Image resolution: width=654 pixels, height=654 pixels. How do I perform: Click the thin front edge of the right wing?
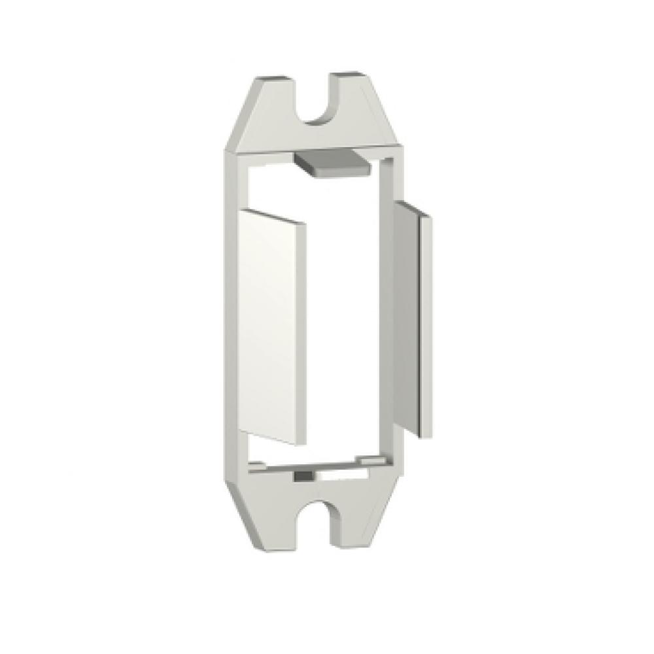(x=426, y=327)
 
